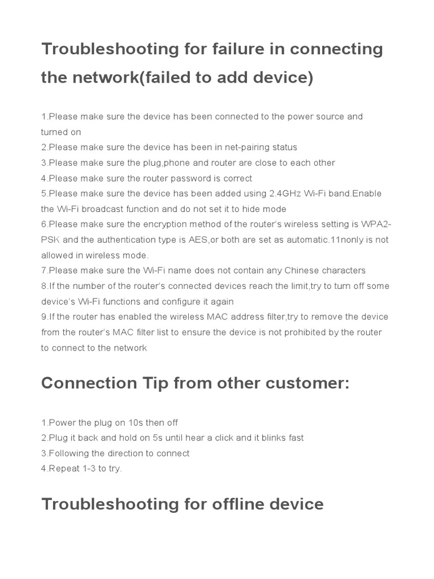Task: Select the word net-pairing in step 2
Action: coord(249,147)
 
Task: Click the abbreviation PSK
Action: coord(50,240)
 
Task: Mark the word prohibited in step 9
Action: coord(309,332)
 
